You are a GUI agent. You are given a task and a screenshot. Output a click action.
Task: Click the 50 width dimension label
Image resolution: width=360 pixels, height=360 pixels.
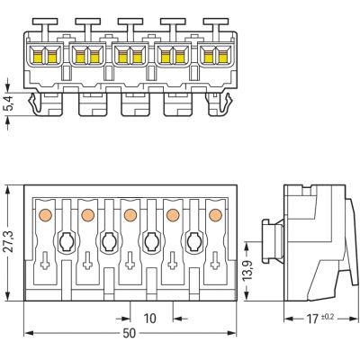[x=130, y=333]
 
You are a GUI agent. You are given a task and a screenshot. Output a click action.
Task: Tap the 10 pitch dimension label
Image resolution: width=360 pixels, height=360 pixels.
[x=149, y=319]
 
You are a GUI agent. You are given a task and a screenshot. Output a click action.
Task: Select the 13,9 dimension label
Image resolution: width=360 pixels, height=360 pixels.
[x=247, y=270]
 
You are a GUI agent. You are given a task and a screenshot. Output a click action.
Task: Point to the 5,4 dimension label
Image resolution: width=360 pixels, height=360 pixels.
[x=9, y=103]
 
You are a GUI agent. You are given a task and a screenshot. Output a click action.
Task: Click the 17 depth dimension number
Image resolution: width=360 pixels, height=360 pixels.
[x=312, y=319]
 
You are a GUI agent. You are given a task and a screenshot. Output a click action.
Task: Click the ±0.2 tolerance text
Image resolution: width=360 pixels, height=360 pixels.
[x=328, y=316]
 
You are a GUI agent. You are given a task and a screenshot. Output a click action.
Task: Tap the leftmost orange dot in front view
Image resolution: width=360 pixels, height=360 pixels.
[x=46, y=215]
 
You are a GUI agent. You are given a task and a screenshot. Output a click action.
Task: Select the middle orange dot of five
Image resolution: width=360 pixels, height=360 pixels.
[x=130, y=215]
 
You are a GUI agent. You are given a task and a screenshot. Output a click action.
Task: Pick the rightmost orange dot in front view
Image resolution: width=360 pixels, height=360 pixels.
[x=215, y=215]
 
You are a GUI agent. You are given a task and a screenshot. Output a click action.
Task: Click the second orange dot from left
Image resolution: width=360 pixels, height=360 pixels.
[x=87, y=215]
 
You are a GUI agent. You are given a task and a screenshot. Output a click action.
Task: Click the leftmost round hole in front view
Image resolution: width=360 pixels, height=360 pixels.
[x=67, y=241]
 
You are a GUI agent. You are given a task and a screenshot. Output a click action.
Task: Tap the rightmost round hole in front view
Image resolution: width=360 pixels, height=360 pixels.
[x=194, y=241]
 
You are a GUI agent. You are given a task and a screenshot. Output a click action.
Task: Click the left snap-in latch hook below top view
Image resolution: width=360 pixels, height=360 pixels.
[x=35, y=103]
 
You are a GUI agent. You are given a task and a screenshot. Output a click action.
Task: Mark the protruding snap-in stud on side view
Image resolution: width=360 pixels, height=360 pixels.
[x=272, y=241]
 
